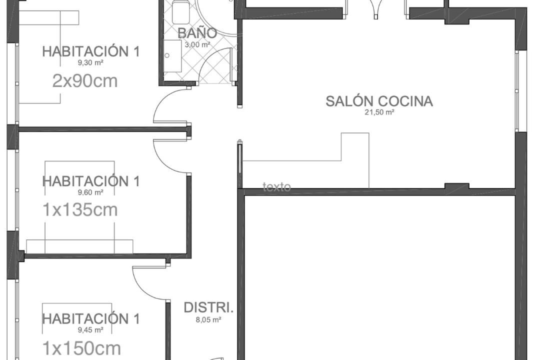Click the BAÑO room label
point(197,32)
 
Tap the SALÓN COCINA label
point(379,101)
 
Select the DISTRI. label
point(208,307)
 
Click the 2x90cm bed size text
point(85,81)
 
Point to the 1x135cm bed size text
point(80,210)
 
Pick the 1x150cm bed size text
point(81,348)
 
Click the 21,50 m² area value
point(379,112)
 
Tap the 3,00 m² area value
point(197,45)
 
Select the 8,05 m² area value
point(208,319)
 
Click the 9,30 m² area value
point(90,62)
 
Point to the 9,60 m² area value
point(90,192)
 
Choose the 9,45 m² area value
point(90,330)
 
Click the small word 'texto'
point(276,187)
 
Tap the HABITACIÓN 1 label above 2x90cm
point(91,51)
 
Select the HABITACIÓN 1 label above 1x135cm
point(91,181)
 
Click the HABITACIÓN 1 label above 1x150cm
point(91,318)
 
